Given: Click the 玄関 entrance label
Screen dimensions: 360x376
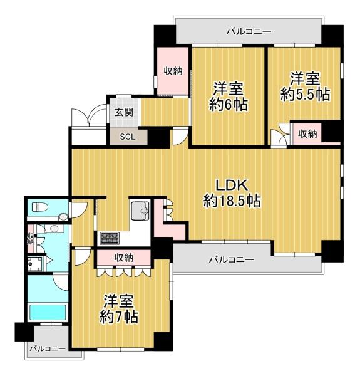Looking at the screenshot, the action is pyautogui.click(x=124, y=112).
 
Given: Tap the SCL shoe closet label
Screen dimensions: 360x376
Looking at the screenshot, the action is pyautogui.click(x=128, y=137).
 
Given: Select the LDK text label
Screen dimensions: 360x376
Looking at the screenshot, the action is pyautogui.click(x=232, y=185).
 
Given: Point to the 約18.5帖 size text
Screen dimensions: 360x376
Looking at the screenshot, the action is pyautogui.click(x=232, y=201).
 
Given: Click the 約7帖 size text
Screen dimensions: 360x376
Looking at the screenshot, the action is pyautogui.click(x=119, y=317).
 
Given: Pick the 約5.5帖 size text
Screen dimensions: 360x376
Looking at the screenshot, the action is pyautogui.click(x=306, y=95).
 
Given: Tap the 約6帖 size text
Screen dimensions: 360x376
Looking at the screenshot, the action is pyautogui.click(x=229, y=105).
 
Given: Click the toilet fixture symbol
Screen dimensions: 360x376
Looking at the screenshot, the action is pyautogui.click(x=40, y=206).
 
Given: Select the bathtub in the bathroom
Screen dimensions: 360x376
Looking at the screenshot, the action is pyautogui.click(x=48, y=311).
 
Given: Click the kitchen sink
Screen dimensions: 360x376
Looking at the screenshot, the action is pyautogui.click(x=140, y=211).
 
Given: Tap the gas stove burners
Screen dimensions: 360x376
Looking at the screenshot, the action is pyautogui.click(x=110, y=238).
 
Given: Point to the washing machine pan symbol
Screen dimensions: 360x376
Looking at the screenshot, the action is pyautogui.click(x=34, y=264).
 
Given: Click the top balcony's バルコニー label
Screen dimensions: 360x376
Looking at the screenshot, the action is pyautogui.click(x=249, y=31).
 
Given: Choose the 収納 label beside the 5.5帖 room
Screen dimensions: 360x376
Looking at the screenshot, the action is pyautogui.click(x=307, y=134).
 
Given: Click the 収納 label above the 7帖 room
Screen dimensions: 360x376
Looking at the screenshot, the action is pyautogui.click(x=124, y=258).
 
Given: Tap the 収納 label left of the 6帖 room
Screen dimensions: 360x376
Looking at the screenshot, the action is pyautogui.click(x=173, y=71).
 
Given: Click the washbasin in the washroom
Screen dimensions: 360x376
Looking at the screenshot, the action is pyautogui.click(x=54, y=229).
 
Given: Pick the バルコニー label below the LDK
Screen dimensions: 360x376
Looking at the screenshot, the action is pyautogui.click(x=232, y=259).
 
